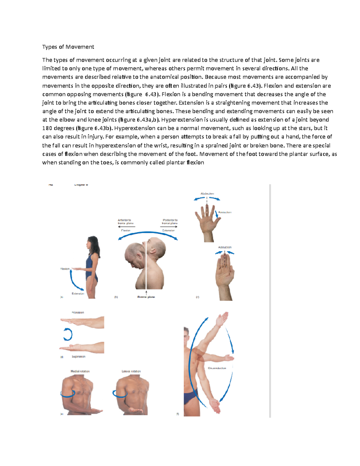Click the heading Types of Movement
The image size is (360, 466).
pyautogui.click(x=68, y=47)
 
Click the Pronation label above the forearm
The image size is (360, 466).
pyautogui.click(x=78, y=312)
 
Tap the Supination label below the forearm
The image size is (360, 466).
pyautogui.click(x=78, y=356)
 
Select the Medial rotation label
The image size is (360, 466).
pyautogui.click(x=80, y=371)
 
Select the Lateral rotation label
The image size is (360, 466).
pyautogui.click(x=131, y=371)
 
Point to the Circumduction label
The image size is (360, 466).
pyautogui.click(x=217, y=368)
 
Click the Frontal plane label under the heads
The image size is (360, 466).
pyautogui.click(x=146, y=297)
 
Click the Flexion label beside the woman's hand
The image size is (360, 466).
pyautogui.click(x=65, y=269)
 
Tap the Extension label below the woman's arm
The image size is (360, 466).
pyautogui.click(x=78, y=293)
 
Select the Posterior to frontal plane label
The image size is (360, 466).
pyautogui.click(x=170, y=222)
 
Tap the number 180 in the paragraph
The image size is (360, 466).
pyautogui.click(x=47, y=128)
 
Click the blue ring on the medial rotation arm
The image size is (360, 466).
pyautogui.click(x=67, y=394)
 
